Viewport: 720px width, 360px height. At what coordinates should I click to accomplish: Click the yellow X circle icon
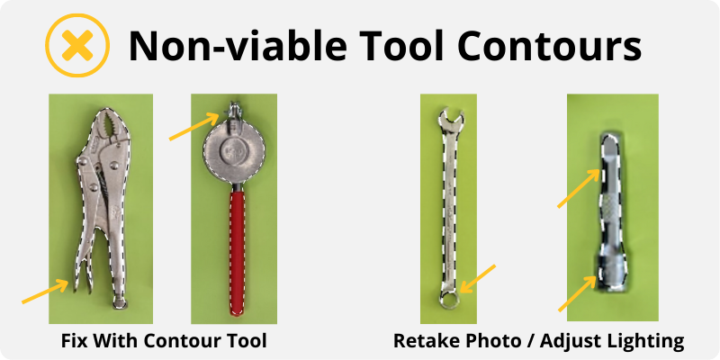tap(77, 45)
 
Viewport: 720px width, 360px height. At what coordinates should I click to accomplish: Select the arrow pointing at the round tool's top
tap(194, 127)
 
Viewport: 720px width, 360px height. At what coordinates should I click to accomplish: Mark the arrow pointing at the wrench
tap(477, 279)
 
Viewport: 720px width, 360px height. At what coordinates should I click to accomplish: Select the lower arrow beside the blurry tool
tap(578, 293)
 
